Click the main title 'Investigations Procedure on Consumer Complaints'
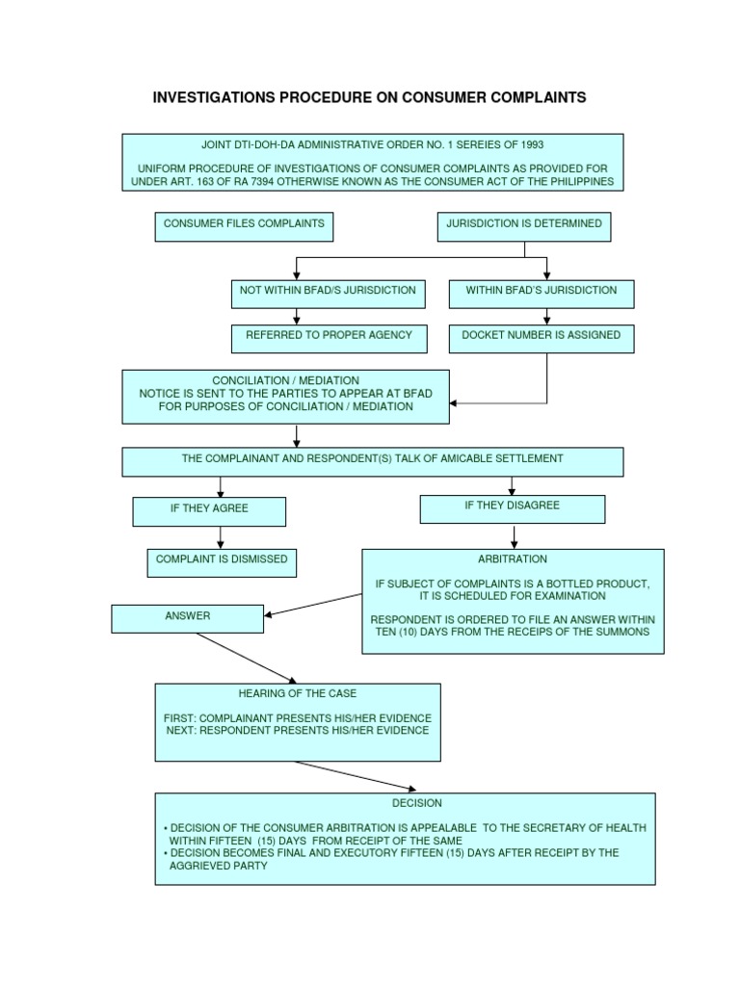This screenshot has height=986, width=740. [x=370, y=98]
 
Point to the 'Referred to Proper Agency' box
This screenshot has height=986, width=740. [x=328, y=338]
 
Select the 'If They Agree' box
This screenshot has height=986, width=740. [x=209, y=510]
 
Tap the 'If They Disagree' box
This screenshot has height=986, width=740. [x=512, y=507]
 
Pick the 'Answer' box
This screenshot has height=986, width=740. [x=187, y=617]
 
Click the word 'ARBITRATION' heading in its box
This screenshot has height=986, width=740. [x=513, y=559]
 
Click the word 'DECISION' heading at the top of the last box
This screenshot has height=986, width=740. [x=405, y=803]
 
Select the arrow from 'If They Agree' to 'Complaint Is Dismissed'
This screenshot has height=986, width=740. [x=220, y=537]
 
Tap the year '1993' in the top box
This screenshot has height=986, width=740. [x=528, y=145]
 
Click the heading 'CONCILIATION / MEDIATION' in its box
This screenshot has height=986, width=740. [x=285, y=380]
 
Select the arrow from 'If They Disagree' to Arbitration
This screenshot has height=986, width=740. [x=515, y=535]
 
